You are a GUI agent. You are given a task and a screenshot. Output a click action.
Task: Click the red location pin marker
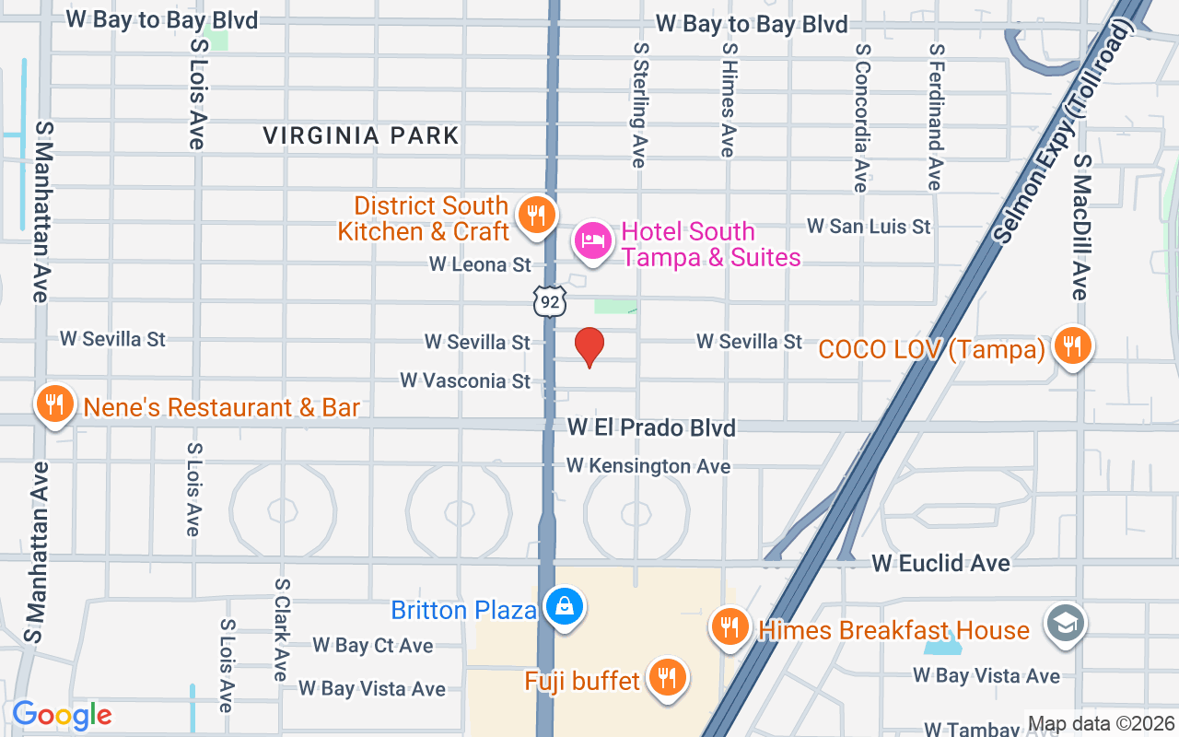[589, 346]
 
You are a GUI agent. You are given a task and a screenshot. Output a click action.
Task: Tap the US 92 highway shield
[549, 300]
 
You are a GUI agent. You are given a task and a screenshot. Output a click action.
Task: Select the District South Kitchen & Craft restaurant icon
[535, 216]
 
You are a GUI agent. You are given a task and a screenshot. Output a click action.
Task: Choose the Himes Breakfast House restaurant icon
[730, 628]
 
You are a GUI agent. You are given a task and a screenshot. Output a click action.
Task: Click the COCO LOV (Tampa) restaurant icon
[1070, 346]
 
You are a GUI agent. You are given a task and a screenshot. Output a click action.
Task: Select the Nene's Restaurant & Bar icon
[55, 405]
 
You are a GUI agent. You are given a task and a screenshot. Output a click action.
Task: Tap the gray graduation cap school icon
[1066, 624]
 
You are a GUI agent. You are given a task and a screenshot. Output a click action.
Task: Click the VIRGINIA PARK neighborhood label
[361, 136]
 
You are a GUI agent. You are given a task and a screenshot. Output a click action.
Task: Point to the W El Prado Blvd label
[651, 428]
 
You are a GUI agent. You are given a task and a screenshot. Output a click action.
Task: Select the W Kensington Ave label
[648, 466]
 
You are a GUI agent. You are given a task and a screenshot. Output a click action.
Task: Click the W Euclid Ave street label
[940, 563]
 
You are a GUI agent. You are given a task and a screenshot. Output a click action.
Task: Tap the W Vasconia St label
[465, 380]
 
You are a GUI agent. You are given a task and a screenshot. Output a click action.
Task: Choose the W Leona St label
[480, 265]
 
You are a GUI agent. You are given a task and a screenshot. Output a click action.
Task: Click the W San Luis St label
[869, 226]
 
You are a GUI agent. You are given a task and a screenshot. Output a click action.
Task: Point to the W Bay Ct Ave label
[372, 645]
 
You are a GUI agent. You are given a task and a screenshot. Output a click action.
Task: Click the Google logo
[62, 715]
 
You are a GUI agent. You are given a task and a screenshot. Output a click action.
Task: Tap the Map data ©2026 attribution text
[1100, 724]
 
